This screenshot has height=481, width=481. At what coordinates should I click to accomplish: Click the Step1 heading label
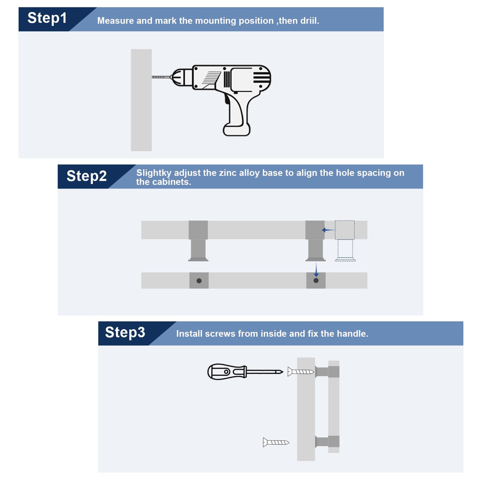coord(47,18)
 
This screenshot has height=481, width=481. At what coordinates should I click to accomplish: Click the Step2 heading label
coord(86,176)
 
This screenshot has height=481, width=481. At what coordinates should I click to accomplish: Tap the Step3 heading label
coord(125,332)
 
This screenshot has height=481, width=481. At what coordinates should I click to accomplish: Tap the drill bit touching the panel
coord(162,77)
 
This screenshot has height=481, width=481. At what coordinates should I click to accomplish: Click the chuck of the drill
coord(181,77)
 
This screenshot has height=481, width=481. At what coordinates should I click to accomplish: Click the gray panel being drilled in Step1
coord(141,100)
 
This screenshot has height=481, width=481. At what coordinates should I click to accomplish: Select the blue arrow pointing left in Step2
coord(328,230)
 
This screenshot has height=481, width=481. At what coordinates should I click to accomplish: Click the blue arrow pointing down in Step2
coord(316,270)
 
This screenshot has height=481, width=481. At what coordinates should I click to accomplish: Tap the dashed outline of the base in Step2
coord(345,241)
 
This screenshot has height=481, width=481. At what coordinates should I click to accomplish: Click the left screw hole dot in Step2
coord(199,281)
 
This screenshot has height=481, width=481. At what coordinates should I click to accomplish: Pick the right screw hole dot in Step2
coord(316,280)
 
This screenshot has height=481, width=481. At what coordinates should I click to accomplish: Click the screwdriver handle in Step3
coord(227,372)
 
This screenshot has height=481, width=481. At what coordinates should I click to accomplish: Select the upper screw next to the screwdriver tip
coord(301,372)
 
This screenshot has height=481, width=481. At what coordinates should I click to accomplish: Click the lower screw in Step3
coord(276,442)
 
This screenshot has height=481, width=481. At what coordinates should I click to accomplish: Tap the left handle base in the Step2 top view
coord(198,241)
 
